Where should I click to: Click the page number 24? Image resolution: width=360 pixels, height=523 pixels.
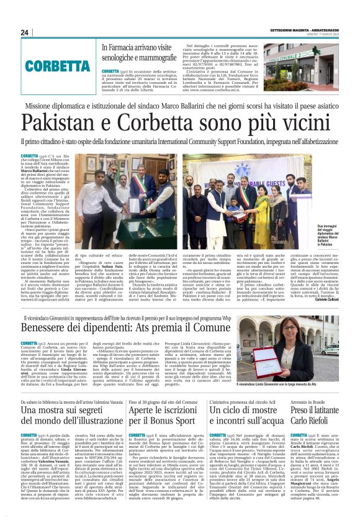[x=25, y=32]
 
